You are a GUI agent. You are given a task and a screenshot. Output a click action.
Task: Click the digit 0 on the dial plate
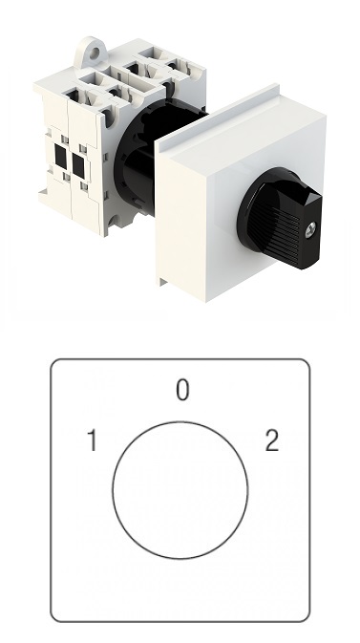[x=182, y=390]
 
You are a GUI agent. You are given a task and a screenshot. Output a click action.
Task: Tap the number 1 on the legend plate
[x=94, y=440]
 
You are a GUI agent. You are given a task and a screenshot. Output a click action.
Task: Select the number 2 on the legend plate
[x=272, y=440]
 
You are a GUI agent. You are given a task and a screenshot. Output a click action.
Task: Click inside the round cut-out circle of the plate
[x=180, y=489]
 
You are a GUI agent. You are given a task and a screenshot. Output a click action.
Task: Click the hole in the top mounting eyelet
[x=95, y=53]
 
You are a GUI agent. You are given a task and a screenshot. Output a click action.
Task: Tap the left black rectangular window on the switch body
[x=61, y=158]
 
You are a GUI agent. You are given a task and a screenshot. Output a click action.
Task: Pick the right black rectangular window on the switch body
[x=78, y=165]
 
